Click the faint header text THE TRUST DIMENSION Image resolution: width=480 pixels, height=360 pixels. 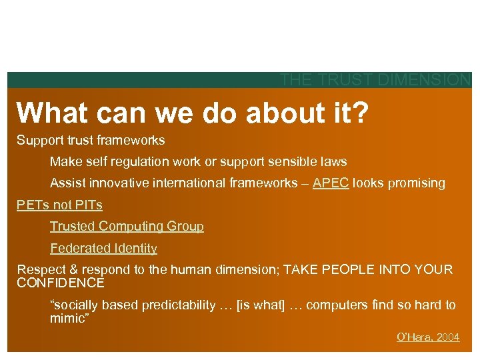[x=375, y=80]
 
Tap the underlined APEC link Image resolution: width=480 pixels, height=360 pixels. [x=331, y=183]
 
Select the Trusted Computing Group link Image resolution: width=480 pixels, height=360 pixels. [x=127, y=227]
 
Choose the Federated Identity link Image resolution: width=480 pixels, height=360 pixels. [x=103, y=249]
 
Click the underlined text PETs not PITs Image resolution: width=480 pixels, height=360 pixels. [x=59, y=205]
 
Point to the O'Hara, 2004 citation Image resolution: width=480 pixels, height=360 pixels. [x=428, y=337]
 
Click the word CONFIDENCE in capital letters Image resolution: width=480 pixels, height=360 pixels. [x=61, y=283]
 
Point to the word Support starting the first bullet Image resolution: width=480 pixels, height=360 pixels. [x=38, y=141]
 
